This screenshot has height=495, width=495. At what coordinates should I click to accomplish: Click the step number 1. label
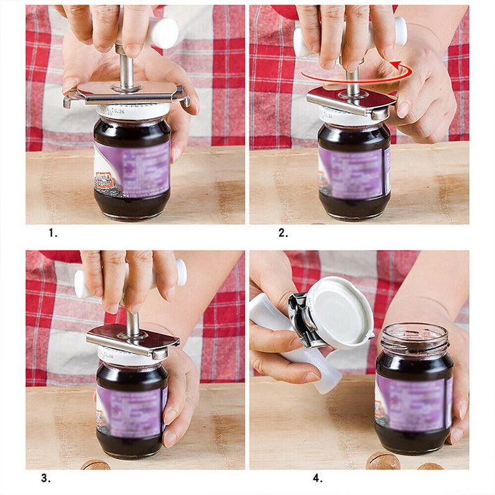click(x=53, y=233)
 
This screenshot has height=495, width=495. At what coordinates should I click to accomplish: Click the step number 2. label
click(x=283, y=233)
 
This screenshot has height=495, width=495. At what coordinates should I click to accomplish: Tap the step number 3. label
click(x=45, y=478)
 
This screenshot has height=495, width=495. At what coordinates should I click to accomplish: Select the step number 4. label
click(x=317, y=478)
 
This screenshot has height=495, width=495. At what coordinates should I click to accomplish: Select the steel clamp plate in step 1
click(x=127, y=93)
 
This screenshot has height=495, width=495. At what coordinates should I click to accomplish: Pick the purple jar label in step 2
click(x=353, y=167)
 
